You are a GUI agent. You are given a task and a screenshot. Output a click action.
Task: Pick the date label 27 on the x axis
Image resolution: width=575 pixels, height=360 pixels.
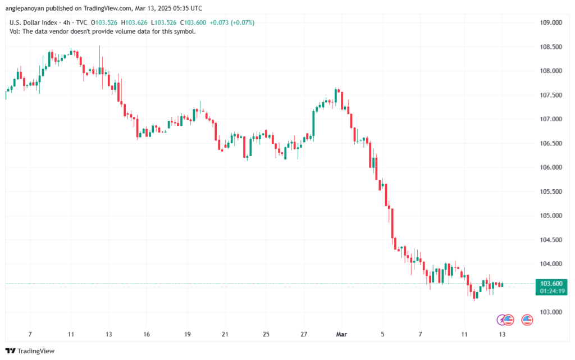[304, 334]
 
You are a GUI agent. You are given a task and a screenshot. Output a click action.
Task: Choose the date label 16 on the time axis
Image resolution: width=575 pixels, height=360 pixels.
[146, 334]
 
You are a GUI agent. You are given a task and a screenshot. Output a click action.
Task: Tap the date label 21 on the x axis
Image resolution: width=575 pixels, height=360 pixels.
[225, 334]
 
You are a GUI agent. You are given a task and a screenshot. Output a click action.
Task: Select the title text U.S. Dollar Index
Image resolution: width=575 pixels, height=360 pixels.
[33, 22]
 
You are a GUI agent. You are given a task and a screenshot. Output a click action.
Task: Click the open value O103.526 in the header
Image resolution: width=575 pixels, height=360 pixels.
[103, 22]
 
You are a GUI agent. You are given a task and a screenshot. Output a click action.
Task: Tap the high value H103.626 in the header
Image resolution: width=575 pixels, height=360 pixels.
[136, 22]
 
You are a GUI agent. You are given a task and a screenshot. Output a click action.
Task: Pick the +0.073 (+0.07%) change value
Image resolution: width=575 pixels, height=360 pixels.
[234, 22]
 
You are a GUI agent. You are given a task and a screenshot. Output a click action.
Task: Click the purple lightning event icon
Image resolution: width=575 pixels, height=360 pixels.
[502, 320]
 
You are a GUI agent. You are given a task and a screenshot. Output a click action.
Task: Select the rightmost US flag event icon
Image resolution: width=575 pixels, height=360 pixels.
[527, 320]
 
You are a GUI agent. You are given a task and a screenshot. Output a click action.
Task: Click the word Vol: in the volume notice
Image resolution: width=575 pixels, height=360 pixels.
[16, 31]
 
